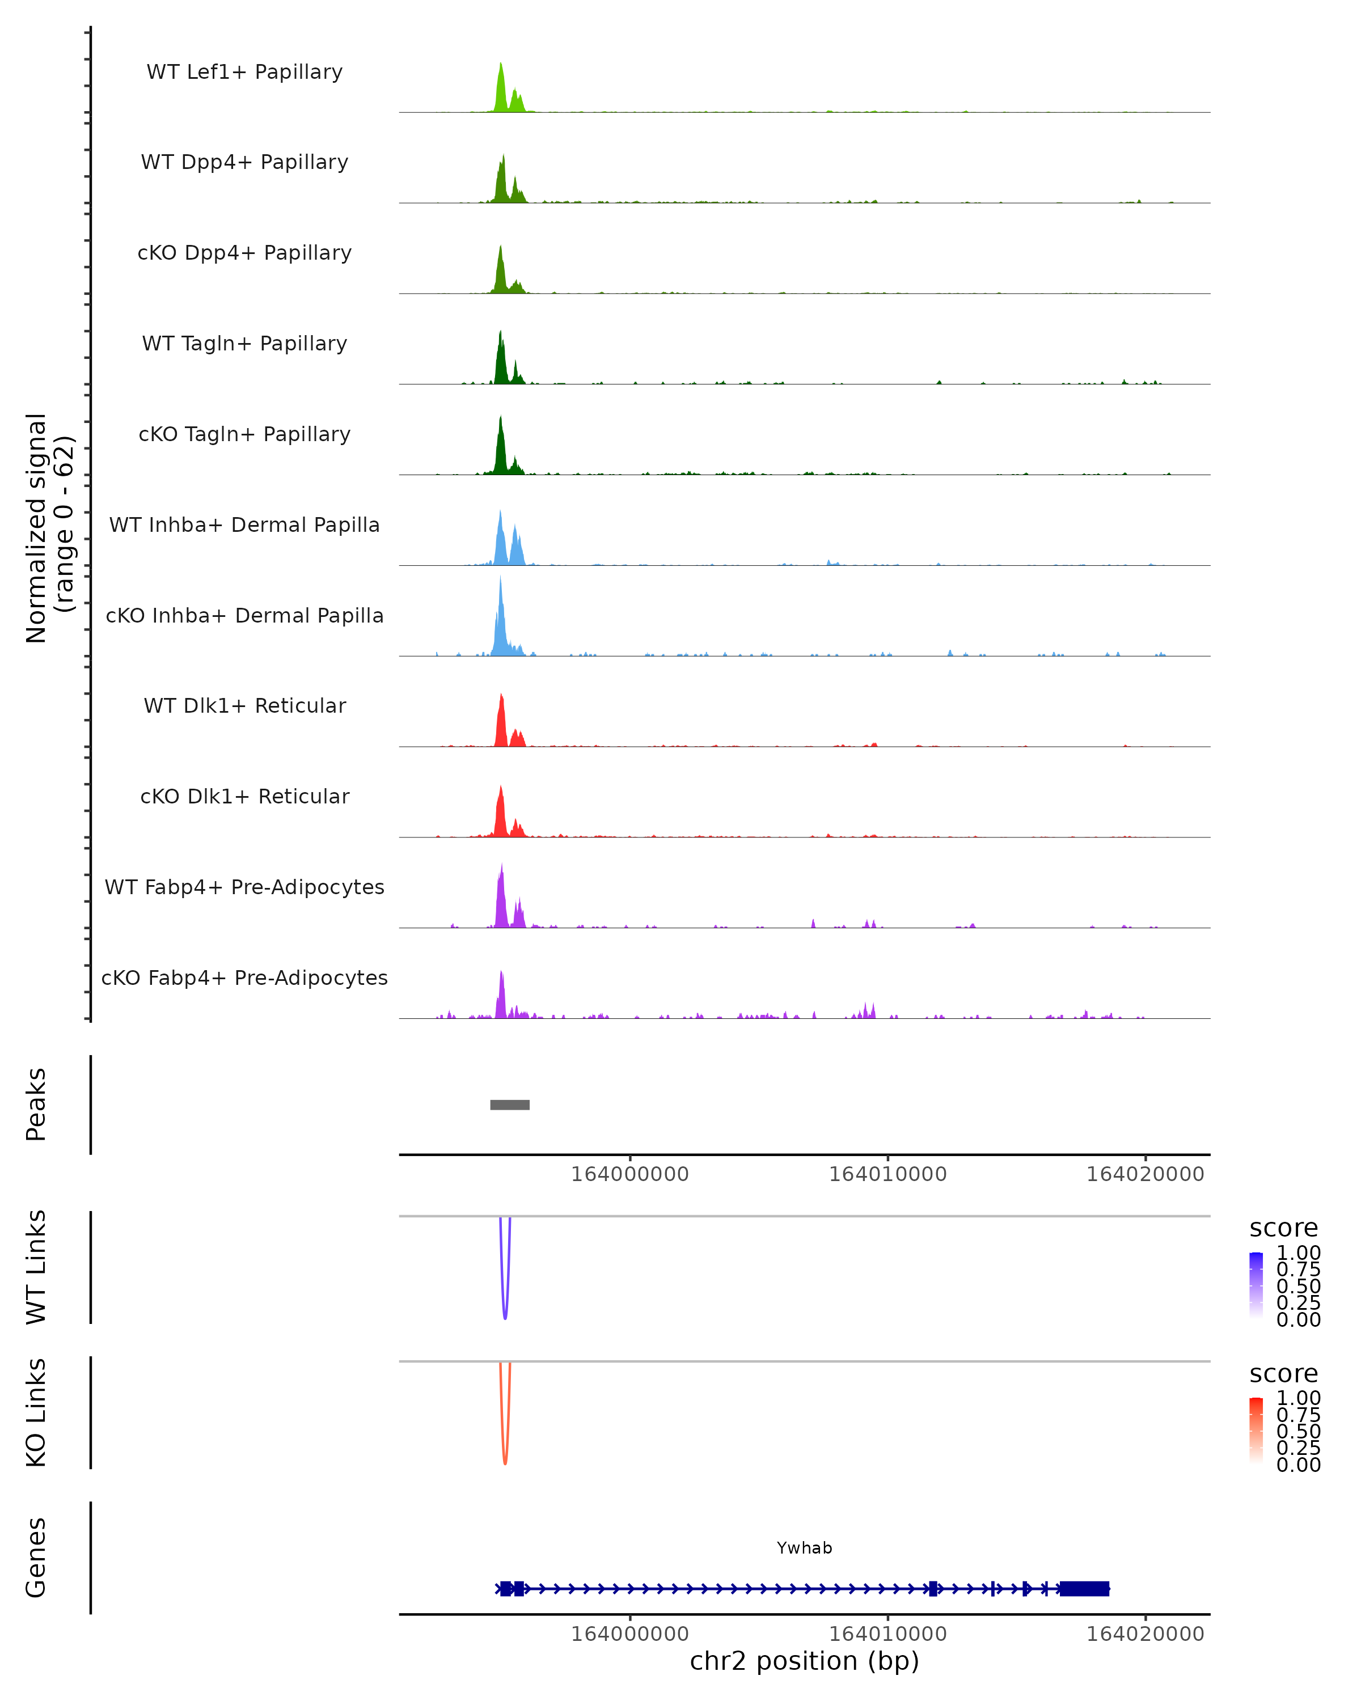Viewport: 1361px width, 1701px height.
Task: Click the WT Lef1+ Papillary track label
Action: pos(244,72)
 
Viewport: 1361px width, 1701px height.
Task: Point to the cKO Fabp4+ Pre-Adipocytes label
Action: pos(244,978)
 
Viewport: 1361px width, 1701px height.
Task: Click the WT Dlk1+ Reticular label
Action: pos(244,705)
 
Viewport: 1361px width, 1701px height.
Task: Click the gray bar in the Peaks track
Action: pos(510,1105)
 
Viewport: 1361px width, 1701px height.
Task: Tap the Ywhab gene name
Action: pos(804,1548)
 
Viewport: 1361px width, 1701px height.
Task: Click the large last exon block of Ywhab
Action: pos(1084,1588)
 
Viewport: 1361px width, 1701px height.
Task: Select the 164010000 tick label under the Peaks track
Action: pos(887,1174)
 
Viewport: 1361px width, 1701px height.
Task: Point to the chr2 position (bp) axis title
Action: pos(804,1661)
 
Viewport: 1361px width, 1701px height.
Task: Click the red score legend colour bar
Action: pos(1256,1431)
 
